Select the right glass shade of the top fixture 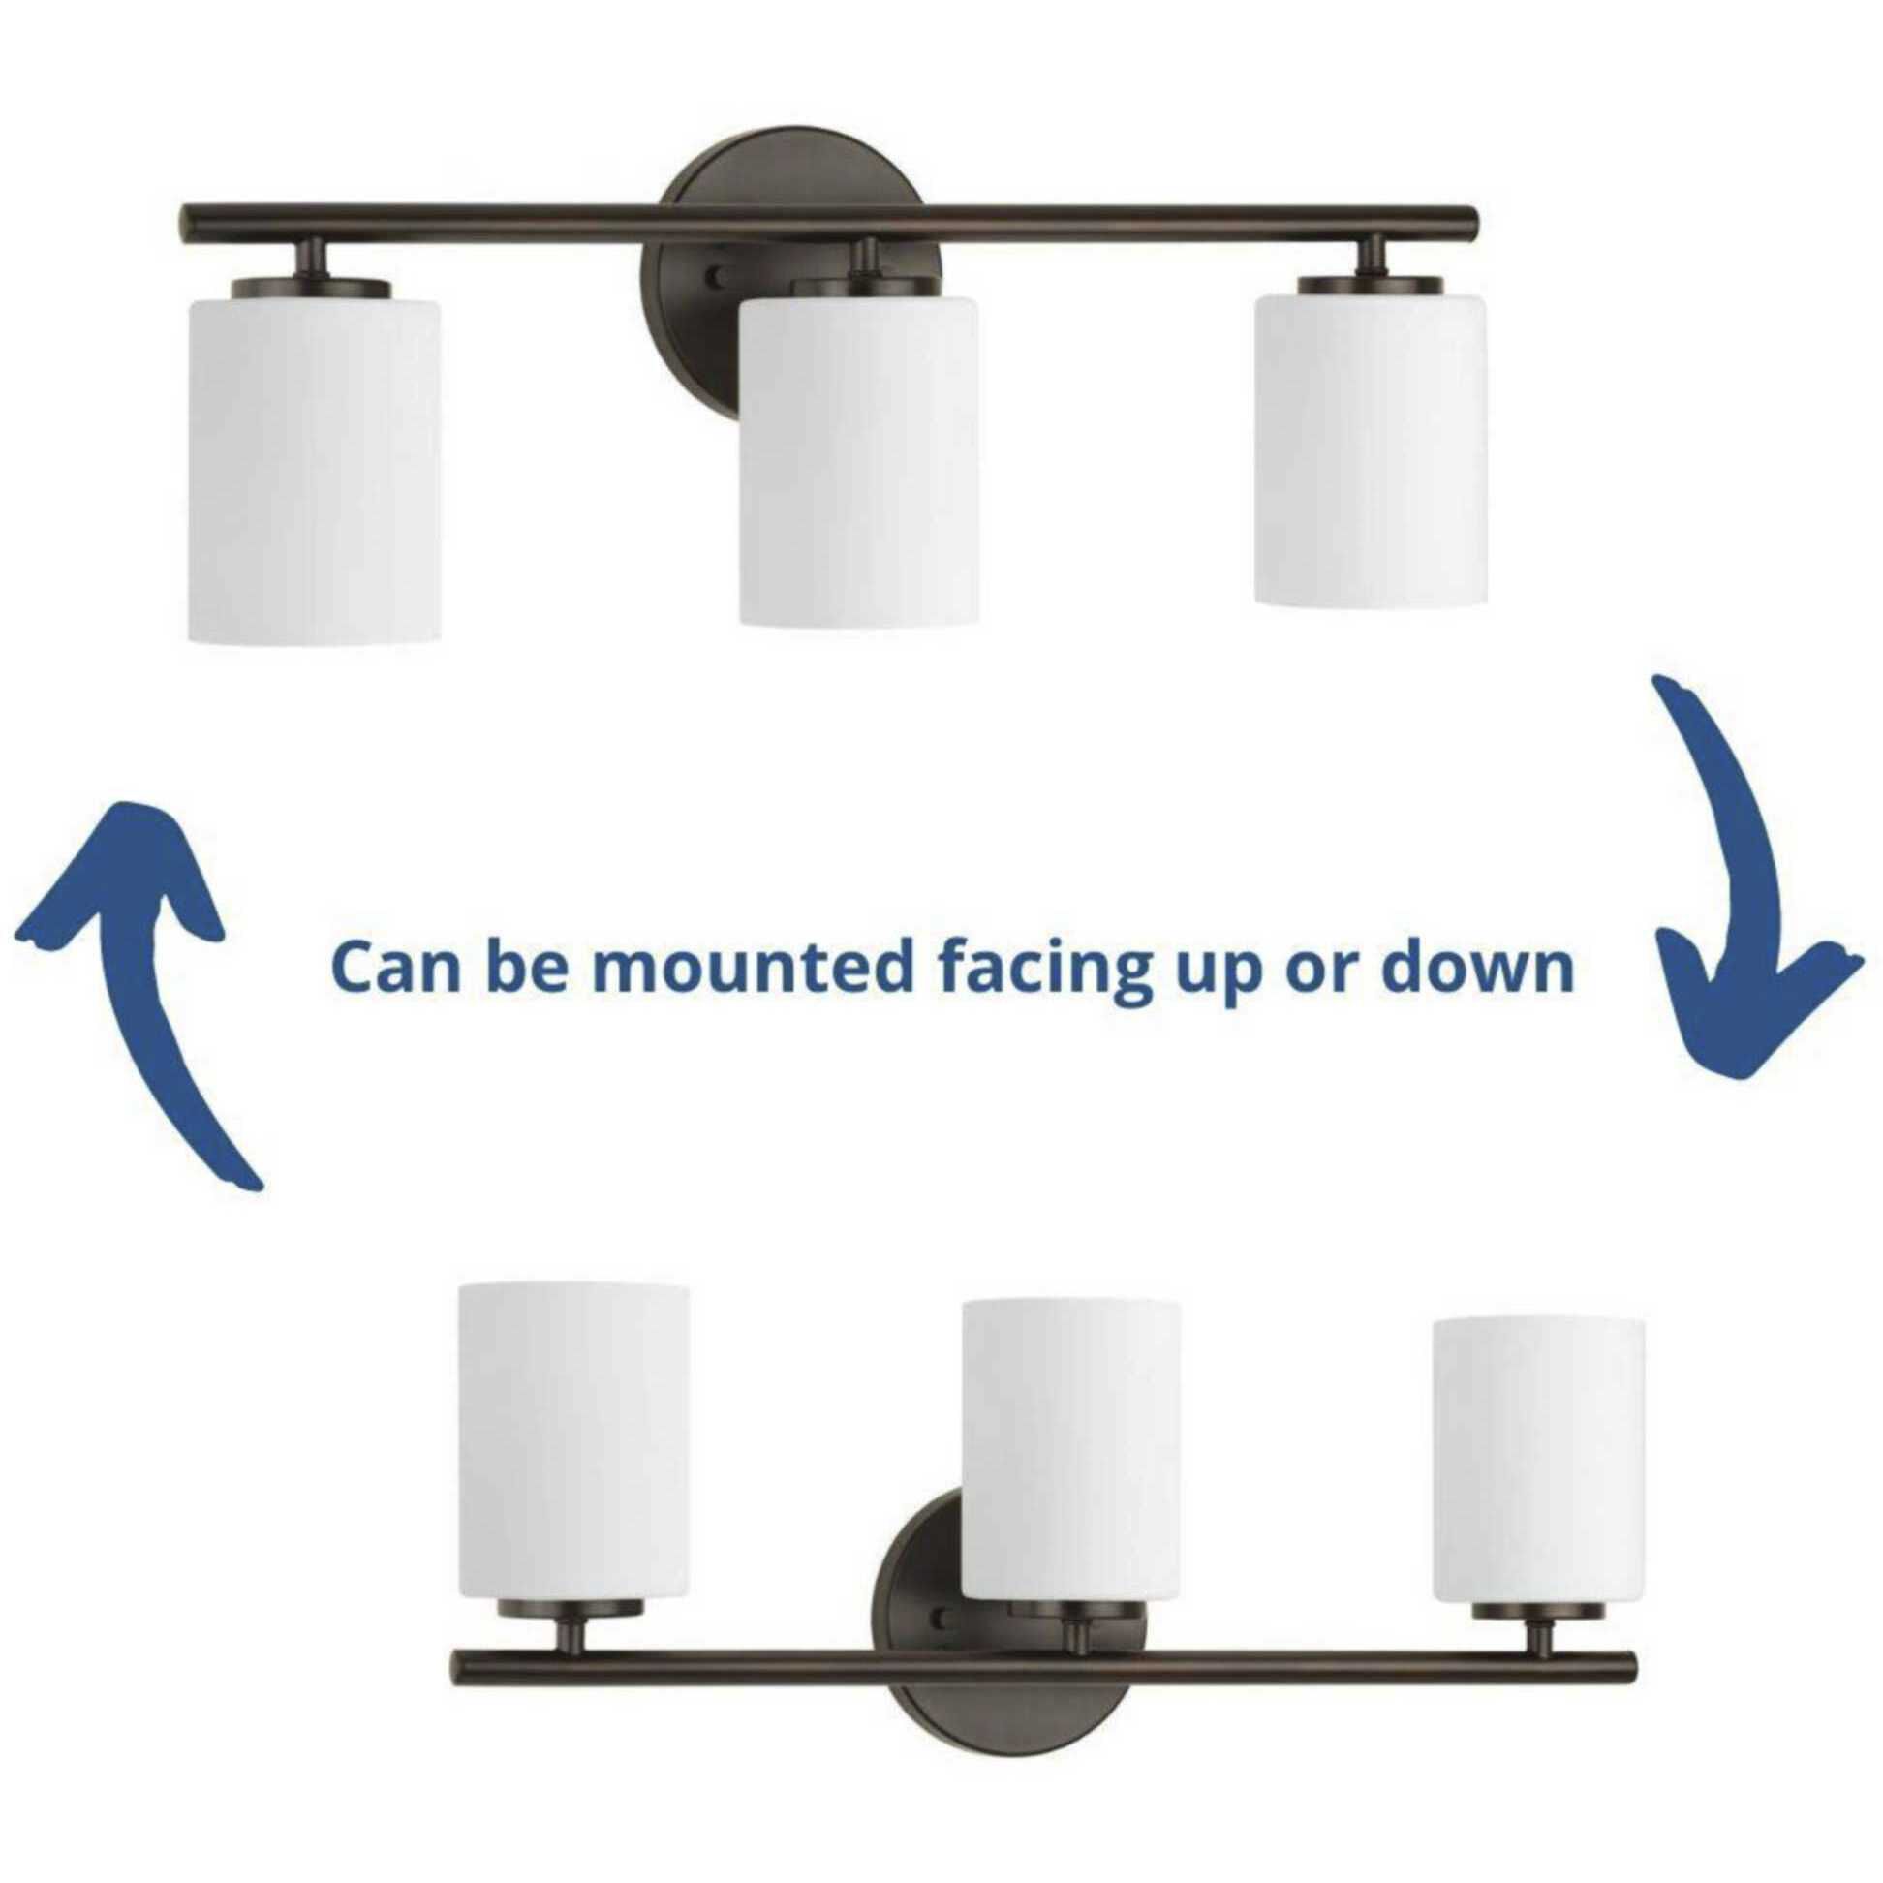(1372, 451)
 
